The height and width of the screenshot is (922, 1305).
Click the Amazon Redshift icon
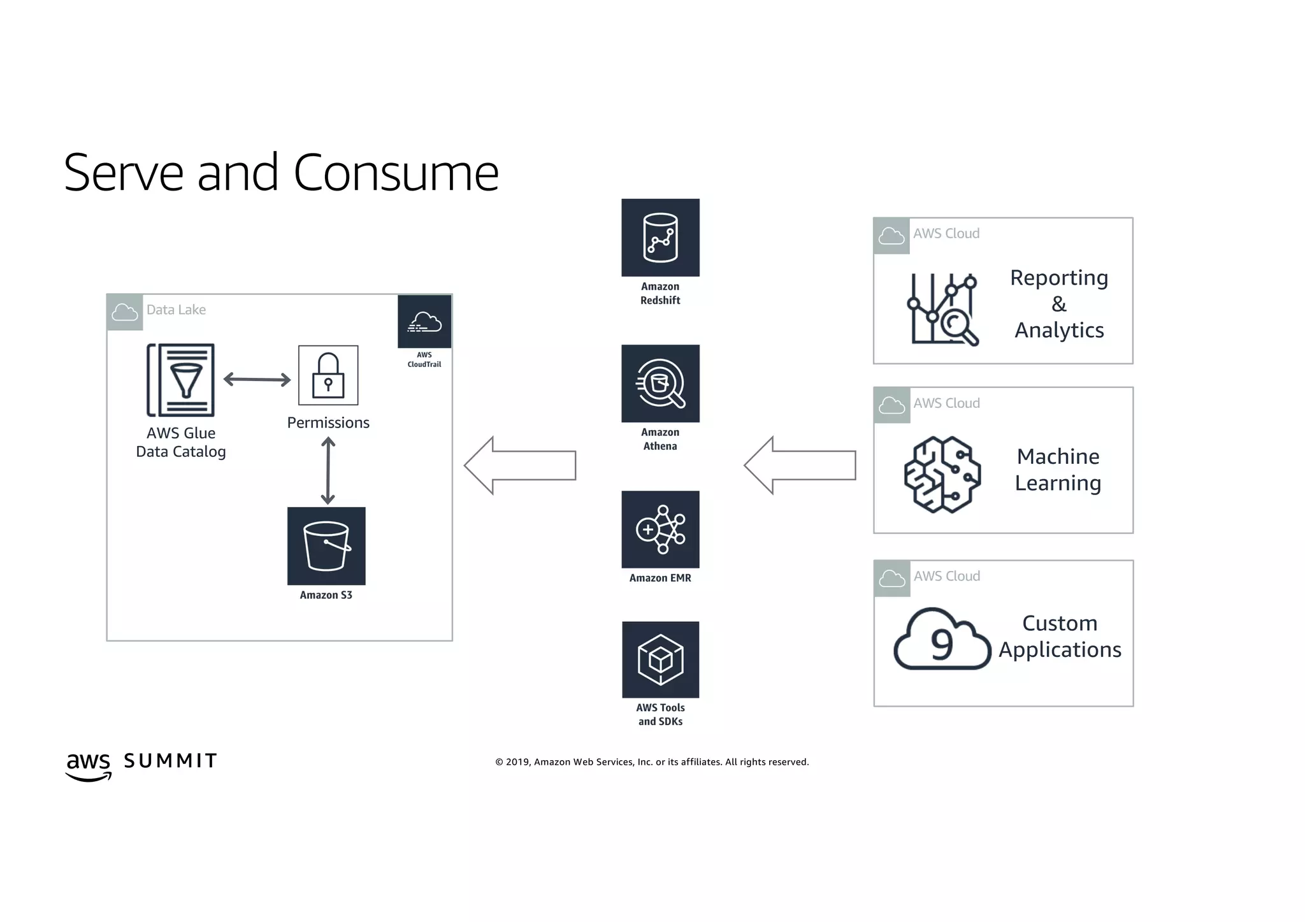click(x=660, y=238)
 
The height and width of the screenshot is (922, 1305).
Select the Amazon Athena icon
click(x=660, y=384)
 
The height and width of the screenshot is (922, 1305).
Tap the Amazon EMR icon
click(x=660, y=529)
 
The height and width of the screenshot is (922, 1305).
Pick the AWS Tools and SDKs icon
click(x=660, y=659)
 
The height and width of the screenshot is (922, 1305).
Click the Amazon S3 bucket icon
click(x=326, y=546)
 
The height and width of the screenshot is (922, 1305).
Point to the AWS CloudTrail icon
click(x=424, y=322)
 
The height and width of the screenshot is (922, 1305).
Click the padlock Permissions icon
click(x=328, y=375)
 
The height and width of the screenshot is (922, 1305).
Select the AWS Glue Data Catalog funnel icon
click(x=181, y=380)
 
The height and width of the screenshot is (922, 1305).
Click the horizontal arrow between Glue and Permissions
click(x=257, y=380)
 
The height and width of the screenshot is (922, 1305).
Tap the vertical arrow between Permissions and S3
click(x=328, y=471)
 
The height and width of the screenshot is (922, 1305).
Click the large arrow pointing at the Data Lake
click(x=520, y=465)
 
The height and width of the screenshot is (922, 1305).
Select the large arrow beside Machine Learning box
click(x=800, y=465)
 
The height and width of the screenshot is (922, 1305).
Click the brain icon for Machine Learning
click(x=942, y=475)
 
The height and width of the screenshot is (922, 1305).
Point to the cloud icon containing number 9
click(x=942, y=640)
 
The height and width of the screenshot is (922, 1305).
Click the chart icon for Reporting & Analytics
click(x=943, y=309)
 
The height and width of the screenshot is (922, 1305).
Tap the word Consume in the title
click(x=396, y=173)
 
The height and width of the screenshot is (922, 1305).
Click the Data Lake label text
click(x=176, y=310)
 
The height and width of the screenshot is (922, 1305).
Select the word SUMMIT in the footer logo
click(x=170, y=761)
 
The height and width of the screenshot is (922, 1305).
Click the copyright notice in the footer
click(x=652, y=762)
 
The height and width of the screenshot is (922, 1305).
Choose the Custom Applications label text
click(x=1060, y=637)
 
